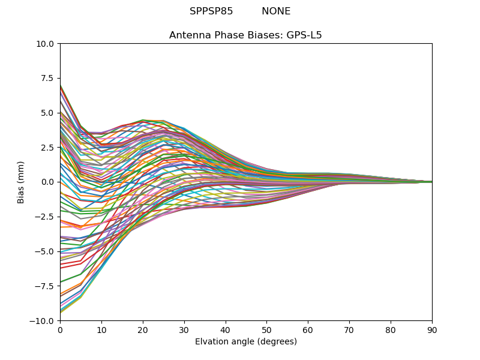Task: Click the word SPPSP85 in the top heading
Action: point(211,11)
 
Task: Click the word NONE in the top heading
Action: point(276,11)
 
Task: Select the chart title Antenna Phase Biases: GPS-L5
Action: point(245,35)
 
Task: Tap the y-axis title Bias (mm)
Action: point(21,182)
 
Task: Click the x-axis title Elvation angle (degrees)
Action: point(245,342)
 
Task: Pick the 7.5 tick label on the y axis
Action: point(47,78)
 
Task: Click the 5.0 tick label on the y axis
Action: point(47,113)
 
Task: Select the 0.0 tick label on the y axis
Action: point(47,182)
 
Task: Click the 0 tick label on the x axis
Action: point(60,330)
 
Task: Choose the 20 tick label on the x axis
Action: point(143,330)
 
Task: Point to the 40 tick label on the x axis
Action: point(226,330)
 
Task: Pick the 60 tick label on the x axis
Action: point(308,330)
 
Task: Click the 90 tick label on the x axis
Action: point(432,330)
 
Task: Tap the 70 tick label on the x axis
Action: point(349,330)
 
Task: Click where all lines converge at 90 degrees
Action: point(431,182)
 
